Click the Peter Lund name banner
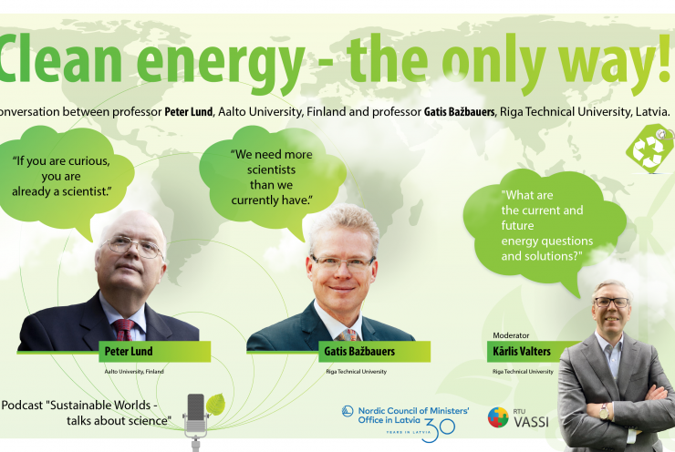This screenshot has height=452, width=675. click(x=154, y=352)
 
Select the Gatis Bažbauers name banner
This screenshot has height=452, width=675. click(x=374, y=352)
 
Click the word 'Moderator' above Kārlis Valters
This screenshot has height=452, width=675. click(x=511, y=335)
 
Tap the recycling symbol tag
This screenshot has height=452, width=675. click(x=649, y=149)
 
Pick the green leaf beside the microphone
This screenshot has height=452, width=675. click(x=215, y=405)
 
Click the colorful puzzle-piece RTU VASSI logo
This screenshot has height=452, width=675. click(x=498, y=417)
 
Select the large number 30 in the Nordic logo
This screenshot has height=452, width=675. click(x=438, y=430)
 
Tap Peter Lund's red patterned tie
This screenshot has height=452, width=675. click(x=123, y=329)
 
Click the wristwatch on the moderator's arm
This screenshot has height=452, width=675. click(x=604, y=412)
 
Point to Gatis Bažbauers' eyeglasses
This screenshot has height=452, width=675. click(x=343, y=262)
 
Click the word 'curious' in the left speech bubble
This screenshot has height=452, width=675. click(x=88, y=161)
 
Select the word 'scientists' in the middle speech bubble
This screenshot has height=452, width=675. click(x=271, y=169)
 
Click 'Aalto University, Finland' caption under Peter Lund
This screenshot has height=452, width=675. click(x=134, y=372)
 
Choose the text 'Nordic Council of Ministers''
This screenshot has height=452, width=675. click(x=414, y=411)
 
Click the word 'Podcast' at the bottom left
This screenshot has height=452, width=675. click(x=23, y=406)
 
